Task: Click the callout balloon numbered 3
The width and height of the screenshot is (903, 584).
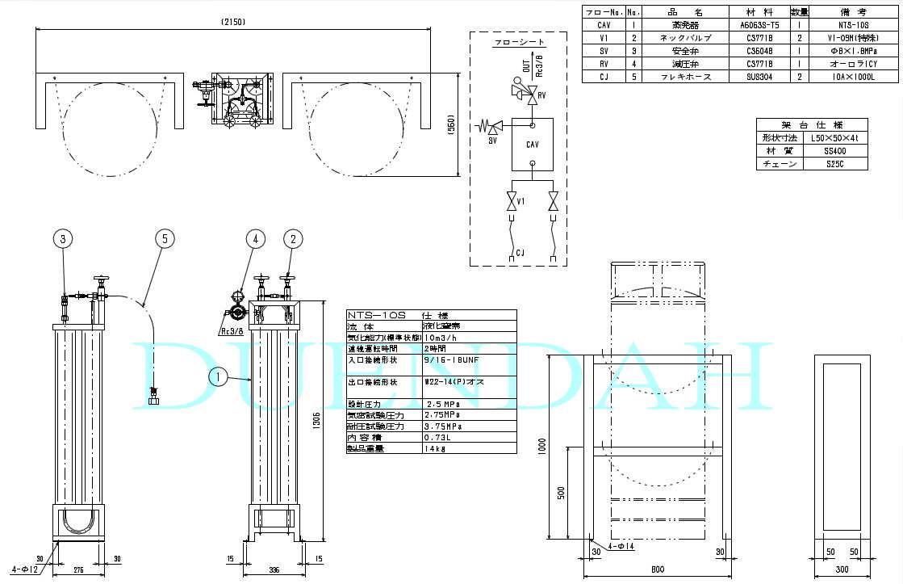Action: (x=65, y=238)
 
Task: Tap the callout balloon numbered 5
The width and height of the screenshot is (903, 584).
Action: (x=165, y=238)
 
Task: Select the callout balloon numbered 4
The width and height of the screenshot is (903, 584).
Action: (x=256, y=238)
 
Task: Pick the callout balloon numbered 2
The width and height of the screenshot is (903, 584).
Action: (x=294, y=238)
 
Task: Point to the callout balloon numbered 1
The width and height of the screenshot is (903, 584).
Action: (x=216, y=375)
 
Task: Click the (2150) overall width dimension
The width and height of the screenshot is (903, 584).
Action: (x=231, y=22)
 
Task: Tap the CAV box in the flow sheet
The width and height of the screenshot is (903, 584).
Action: (x=532, y=145)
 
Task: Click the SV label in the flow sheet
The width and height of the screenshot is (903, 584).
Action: (x=492, y=139)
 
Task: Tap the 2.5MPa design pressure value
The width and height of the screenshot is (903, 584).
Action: (x=441, y=402)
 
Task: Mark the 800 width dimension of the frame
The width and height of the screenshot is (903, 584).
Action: (x=658, y=569)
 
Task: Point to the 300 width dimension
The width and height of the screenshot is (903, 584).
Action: (x=841, y=569)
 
